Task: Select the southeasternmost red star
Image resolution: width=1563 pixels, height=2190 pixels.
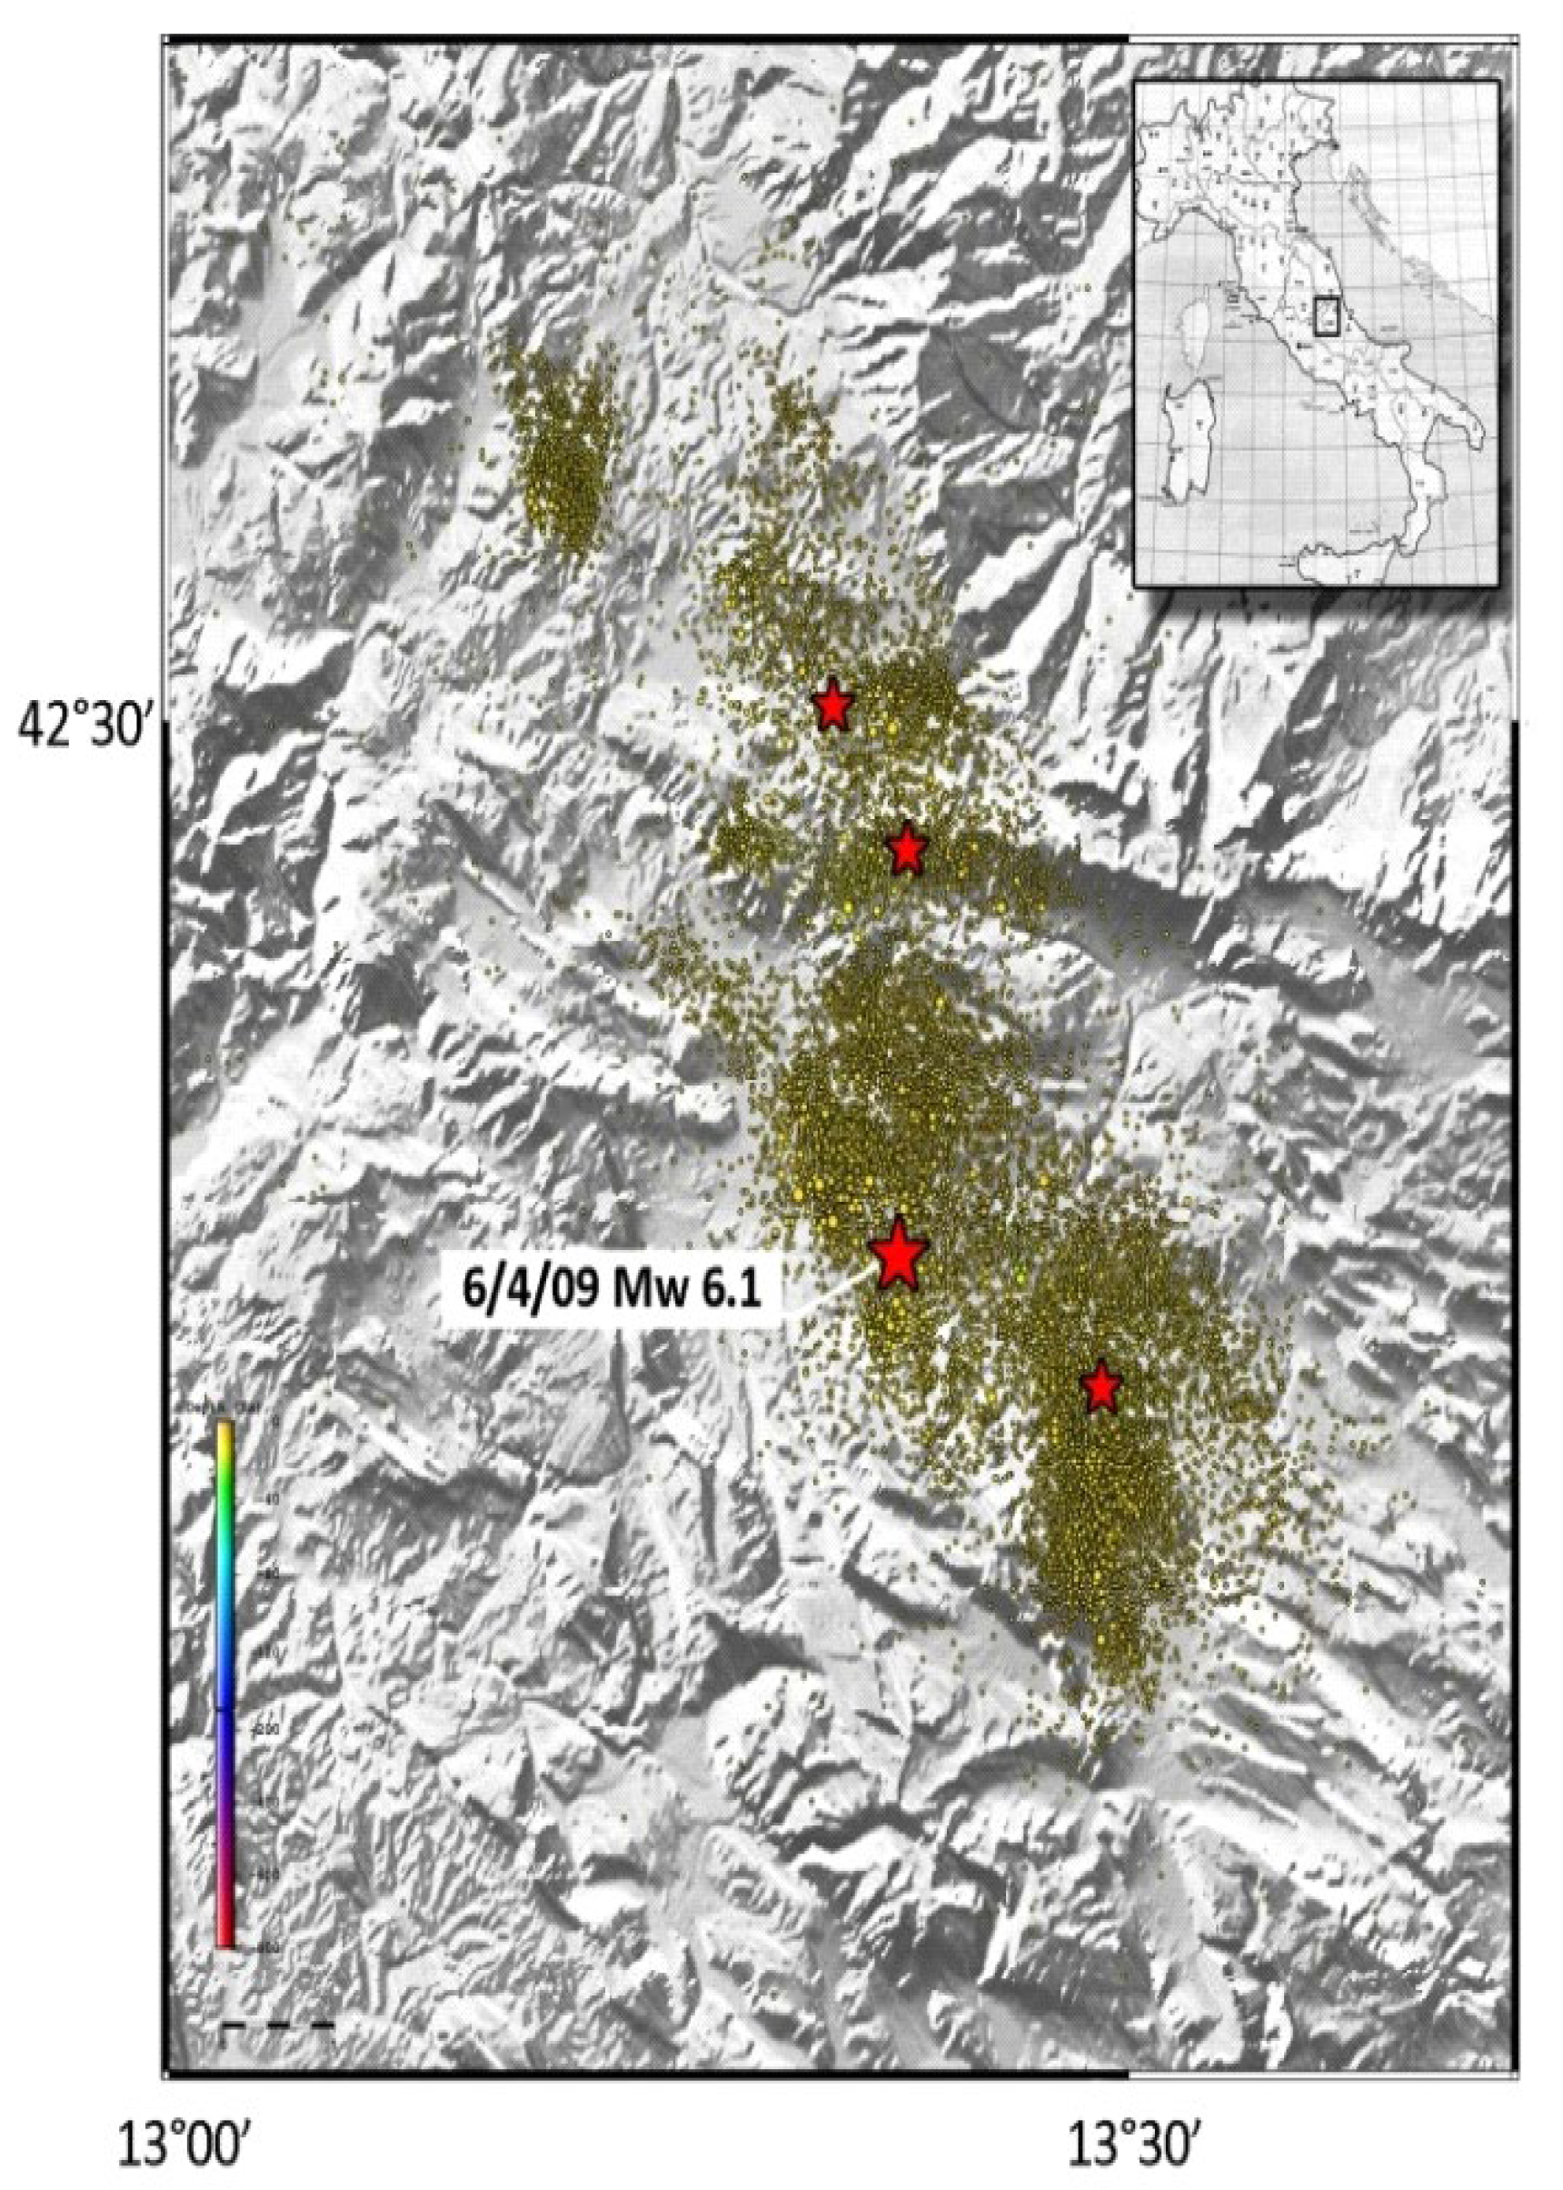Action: coord(1101,1387)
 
